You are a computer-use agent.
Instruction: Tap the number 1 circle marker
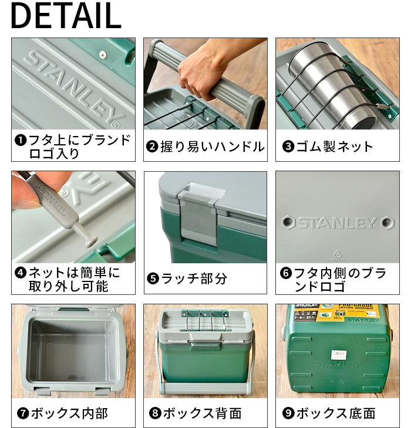click(x=20, y=141)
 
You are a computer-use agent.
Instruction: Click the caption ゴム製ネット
click(x=335, y=147)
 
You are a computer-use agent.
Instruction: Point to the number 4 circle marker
click(x=20, y=273)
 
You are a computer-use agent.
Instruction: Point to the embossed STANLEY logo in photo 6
click(x=337, y=223)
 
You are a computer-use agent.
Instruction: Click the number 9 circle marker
click(x=288, y=413)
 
